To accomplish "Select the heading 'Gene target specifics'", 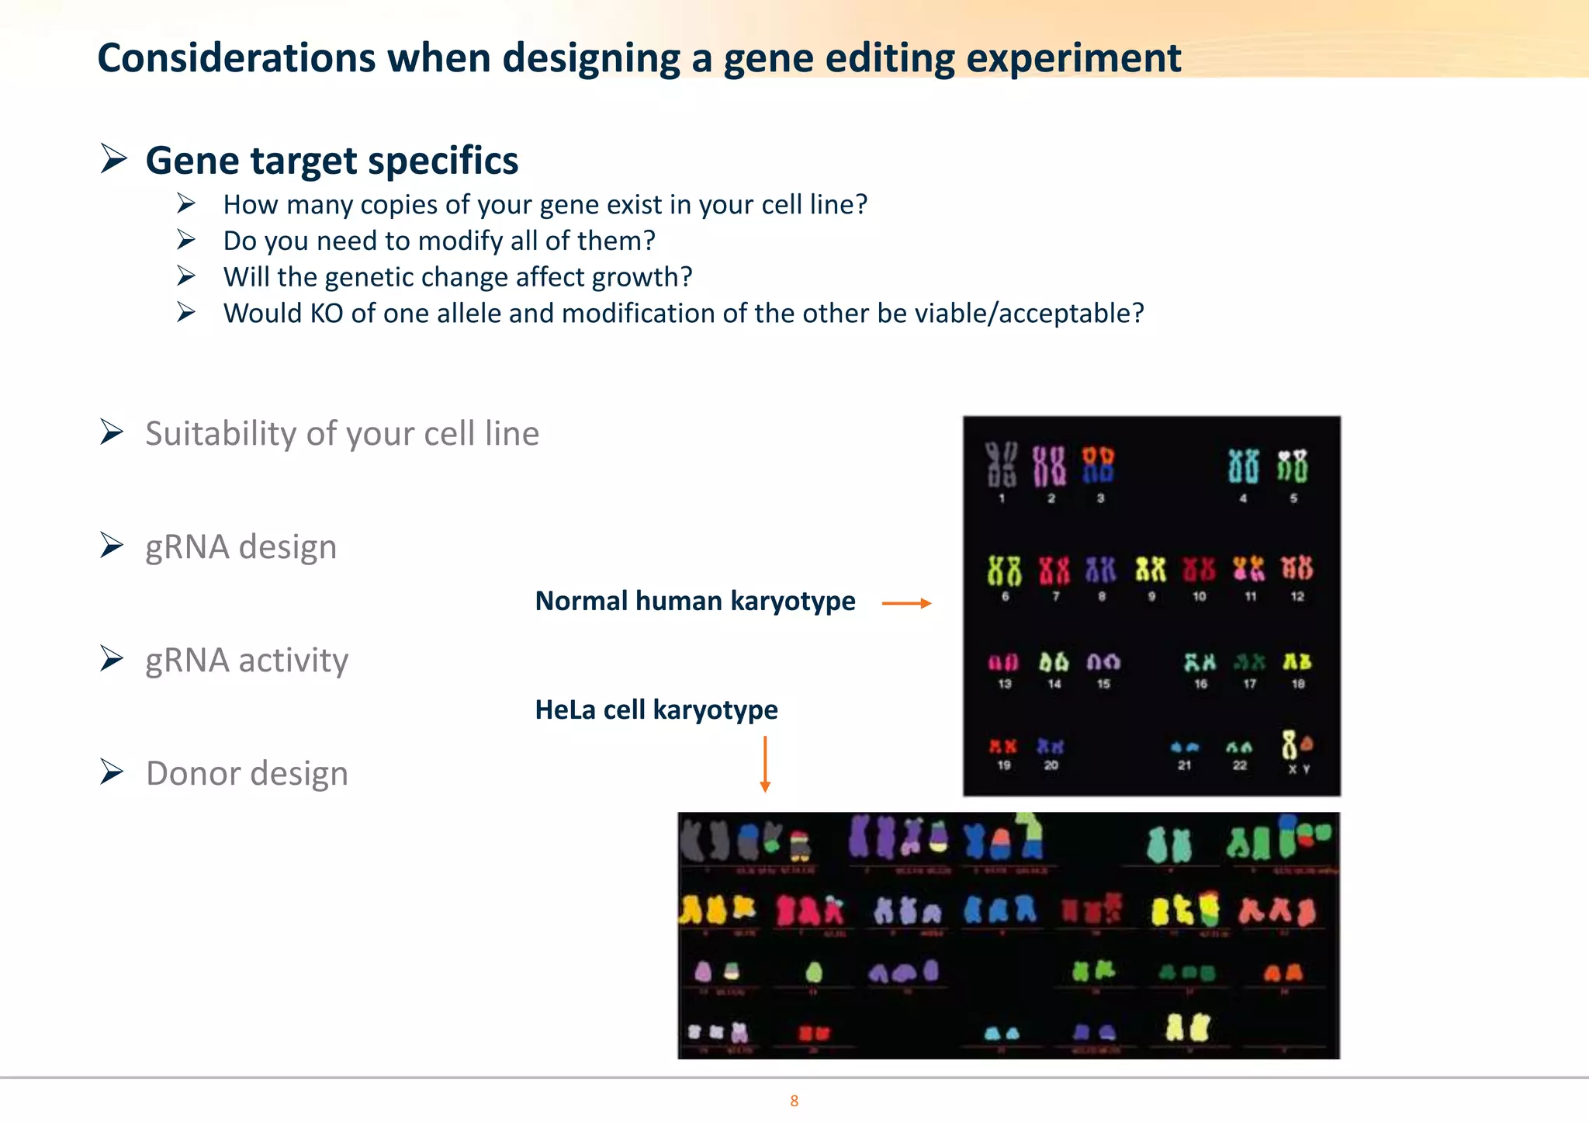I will click(x=331, y=161).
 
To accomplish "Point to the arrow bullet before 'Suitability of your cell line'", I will click(x=113, y=432).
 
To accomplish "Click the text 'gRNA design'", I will click(x=241, y=546).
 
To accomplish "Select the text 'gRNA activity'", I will click(x=247, y=660).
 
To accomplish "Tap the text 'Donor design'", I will click(x=247, y=773).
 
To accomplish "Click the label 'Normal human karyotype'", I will click(x=695, y=601).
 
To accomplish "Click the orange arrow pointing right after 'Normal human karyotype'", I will click(x=906, y=603).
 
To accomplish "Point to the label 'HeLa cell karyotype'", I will click(x=656, y=709).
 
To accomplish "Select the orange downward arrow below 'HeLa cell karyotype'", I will click(x=765, y=764).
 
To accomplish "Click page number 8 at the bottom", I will click(x=794, y=1101).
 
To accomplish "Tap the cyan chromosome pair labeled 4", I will click(x=1243, y=466).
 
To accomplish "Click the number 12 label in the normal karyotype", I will click(x=1297, y=596).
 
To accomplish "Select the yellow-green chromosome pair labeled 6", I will click(x=1004, y=570).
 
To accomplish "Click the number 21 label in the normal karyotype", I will click(x=1184, y=765).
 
